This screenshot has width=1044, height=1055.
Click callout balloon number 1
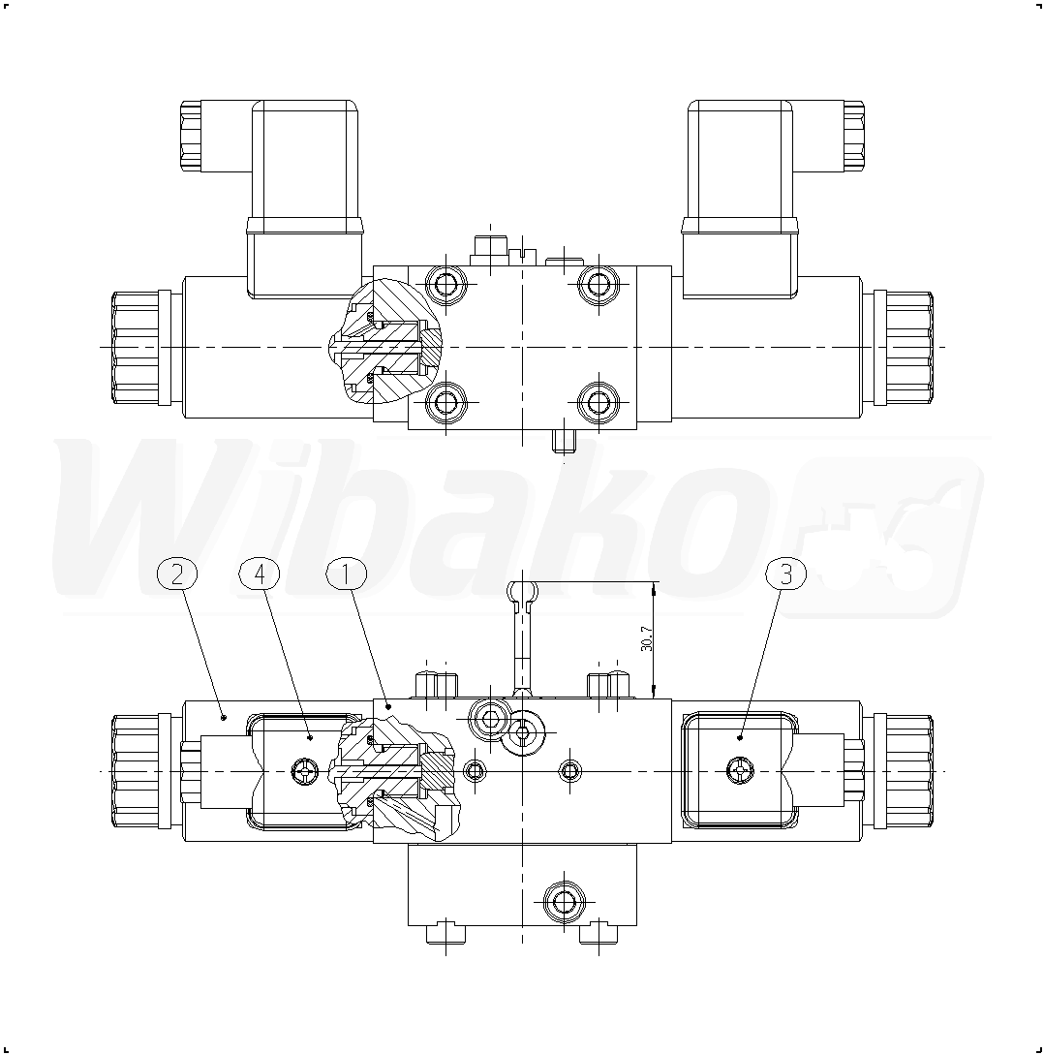pyautogui.click(x=347, y=575)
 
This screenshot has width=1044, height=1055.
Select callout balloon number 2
pyautogui.click(x=176, y=575)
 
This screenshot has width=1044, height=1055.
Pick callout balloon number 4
pyautogui.click(x=260, y=575)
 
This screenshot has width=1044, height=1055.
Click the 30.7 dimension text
pyautogui.click(x=646, y=638)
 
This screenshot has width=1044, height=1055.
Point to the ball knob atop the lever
pyautogui.click(x=523, y=591)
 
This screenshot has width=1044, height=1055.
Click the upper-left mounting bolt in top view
pyautogui.click(x=445, y=285)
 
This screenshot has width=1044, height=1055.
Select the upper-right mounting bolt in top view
pyautogui.click(x=598, y=285)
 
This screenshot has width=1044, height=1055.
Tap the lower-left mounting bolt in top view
pyautogui.click(x=445, y=402)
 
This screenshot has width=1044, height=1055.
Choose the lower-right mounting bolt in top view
pyautogui.click(x=598, y=402)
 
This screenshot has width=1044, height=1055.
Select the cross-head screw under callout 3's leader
pyautogui.click(x=740, y=770)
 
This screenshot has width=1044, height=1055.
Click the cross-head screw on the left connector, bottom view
pyautogui.click(x=304, y=770)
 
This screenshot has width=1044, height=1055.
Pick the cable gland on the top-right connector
pyautogui.click(x=852, y=136)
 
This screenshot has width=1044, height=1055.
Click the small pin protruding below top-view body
pyautogui.click(x=563, y=442)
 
